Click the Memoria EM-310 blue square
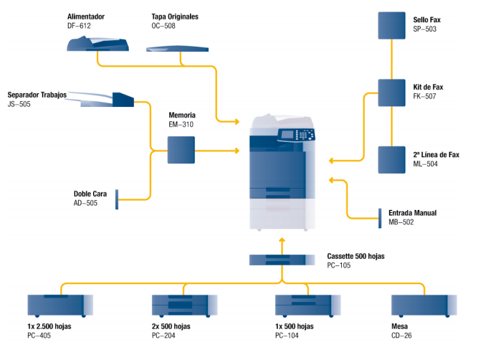(x=181, y=150)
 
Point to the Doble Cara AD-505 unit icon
(x=116, y=199)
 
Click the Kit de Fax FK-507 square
(x=391, y=91)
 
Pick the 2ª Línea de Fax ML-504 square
(x=391, y=158)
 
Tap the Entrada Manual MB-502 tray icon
(x=380, y=217)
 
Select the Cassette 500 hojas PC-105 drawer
(x=282, y=260)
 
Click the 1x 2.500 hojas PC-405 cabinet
(x=57, y=305)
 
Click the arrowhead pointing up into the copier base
(x=282, y=240)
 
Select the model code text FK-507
(x=425, y=95)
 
